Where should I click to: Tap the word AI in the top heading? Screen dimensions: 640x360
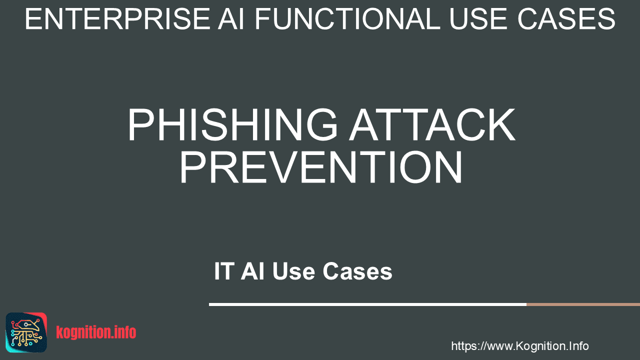click(231, 19)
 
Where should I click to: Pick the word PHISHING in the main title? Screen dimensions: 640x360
click(232, 124)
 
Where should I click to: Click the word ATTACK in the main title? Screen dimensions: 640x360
click(432, 124)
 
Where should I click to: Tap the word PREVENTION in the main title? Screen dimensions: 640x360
click(320, 166)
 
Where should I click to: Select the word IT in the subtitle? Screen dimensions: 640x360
click(224, 271)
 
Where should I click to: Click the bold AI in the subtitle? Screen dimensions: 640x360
click(252, 271)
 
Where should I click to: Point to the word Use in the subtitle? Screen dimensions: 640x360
click(293, 271)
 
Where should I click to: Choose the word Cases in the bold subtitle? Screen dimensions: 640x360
click(357, 271)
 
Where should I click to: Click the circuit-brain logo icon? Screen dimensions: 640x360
click(26, 332)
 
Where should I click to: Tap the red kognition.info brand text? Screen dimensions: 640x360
click(96, 332)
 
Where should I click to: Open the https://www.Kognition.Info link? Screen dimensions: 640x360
click(519, 346)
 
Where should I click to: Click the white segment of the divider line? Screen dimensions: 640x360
click(367, 304)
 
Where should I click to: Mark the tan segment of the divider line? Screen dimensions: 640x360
click(583, 304)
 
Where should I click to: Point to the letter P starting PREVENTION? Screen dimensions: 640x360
click(193, 166)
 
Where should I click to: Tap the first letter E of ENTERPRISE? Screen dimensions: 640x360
click(33, 19)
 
